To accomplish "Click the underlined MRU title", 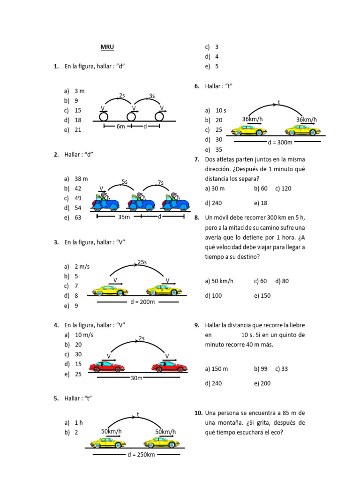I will pyautogui.click(x=107, y=47).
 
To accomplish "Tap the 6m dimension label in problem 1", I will pyautogui.click(x=121, y=127).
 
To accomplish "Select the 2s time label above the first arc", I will pyautogui.click(x=122, y=96).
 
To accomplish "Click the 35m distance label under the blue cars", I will pyautogui.click(x=124, y=217).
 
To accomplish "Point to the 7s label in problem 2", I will pyautogui.click(x=161, y=182).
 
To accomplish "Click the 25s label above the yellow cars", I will pyautogui.click(x=142, y=262).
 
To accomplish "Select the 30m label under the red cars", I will pyautogui.click(x=136, y=378).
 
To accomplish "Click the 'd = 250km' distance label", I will pyautogui.click(x=141, y=455).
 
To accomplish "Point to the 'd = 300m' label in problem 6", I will pyautogui.click(x=280, y=142).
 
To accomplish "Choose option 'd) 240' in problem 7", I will pyautogui.click(x=213, y=203).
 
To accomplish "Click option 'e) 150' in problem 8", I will pyautogui.click(x=262, y=296).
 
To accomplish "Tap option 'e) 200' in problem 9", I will pyautogui.click(x=262, y=383).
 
